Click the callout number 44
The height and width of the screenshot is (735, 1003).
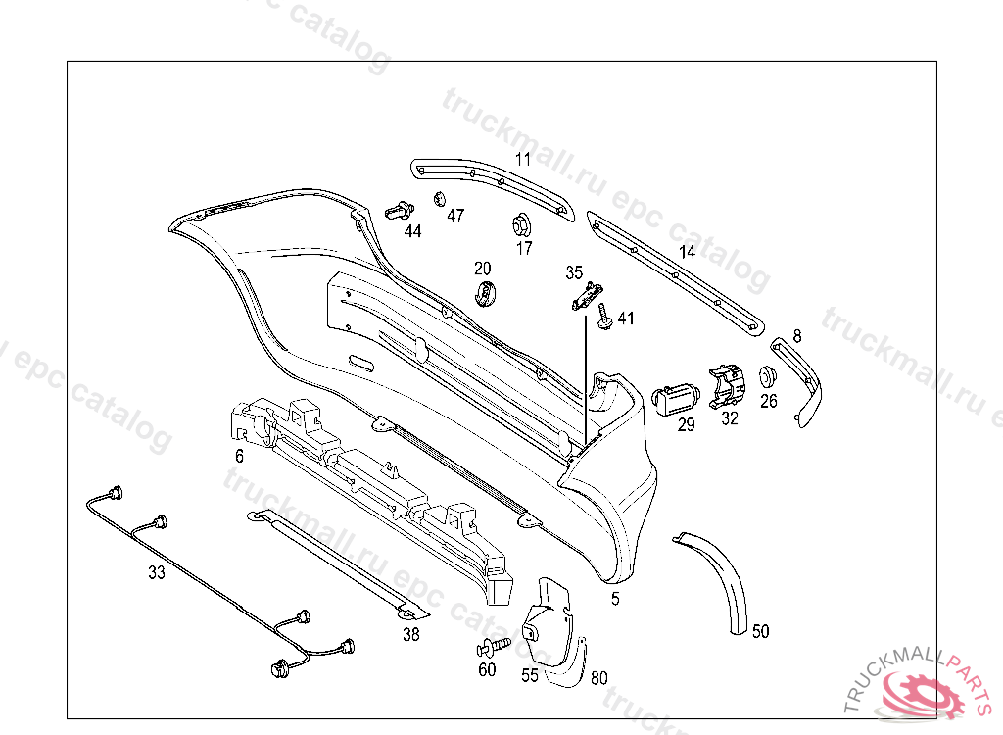412,231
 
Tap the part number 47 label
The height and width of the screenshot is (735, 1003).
455,216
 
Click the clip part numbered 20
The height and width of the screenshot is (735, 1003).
487,291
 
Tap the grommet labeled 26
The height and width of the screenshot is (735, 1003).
768,376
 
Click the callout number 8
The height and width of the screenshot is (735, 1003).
797,336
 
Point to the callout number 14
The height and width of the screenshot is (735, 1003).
687,252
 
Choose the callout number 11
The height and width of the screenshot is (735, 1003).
522,158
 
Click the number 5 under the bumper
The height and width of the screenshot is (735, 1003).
615,599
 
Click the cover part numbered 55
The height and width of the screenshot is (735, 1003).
541,617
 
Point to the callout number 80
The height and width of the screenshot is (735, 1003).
598,676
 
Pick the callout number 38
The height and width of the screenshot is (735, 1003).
410,635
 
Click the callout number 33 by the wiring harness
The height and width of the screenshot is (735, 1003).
157,573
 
